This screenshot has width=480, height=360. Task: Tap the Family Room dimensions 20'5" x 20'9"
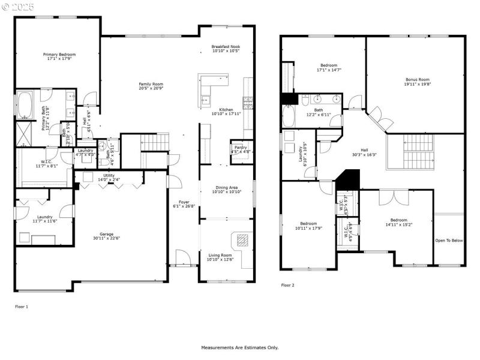(151, 89)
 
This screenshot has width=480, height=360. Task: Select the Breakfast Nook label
(226, 47)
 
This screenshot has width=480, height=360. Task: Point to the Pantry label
(241, 147)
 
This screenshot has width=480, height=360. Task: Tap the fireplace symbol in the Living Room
(242, 240)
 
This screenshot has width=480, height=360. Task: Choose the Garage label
(107, 234)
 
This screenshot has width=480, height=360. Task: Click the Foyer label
(184, 202)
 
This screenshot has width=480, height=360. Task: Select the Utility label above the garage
(108, 175)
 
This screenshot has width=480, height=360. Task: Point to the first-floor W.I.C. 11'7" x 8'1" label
(46, 163)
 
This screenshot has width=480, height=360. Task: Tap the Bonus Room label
(418, 79)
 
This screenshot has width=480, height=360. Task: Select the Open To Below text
(449, 241)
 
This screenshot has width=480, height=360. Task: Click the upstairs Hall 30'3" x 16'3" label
(364, 151)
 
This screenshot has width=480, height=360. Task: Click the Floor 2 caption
(288, 285)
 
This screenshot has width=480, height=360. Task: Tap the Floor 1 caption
(22, 306)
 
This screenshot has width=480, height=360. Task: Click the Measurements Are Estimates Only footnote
(239, 347)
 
